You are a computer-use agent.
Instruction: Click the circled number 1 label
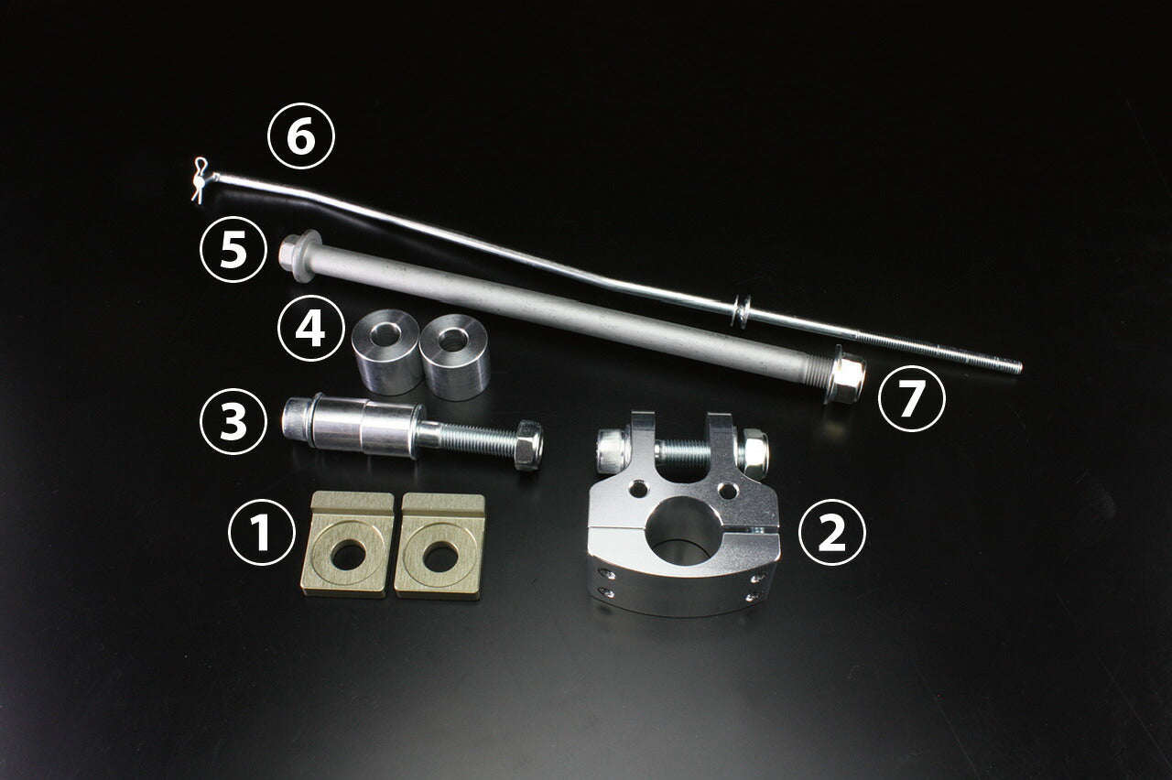(x=262, y=532)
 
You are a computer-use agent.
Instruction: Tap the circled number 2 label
(x=832, y=532)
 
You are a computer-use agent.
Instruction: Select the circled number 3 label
(x=233, y=421)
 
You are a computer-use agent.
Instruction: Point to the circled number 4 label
(x=310, y=328)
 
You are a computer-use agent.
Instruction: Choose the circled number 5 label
(x=233, y=250)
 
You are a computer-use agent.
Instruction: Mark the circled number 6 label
(x=301, y=135)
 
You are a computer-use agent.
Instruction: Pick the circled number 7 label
(x=912, y=398)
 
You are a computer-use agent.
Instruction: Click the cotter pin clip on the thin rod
(x=200, y=180)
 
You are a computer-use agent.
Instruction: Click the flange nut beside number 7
(x=844, y=374)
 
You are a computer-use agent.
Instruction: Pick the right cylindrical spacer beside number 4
(x=455, y=357)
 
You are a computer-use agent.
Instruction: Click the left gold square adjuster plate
(x=347, y=544)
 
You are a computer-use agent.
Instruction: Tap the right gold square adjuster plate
(x=439, y=547)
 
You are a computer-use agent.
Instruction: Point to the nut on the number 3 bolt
(x=528, y=445)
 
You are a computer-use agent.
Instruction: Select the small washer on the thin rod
(x=742, y=312)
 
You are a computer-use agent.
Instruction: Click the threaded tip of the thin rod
(x=1016, y=367)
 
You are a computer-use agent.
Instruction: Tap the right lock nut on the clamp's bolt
(x=753, y=453)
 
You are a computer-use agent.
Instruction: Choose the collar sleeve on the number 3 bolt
(x=363, y=428)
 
